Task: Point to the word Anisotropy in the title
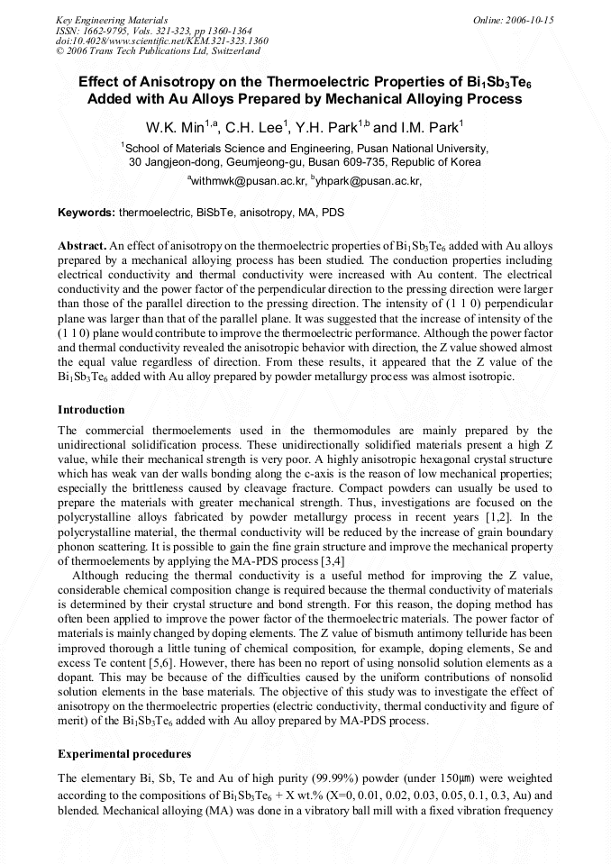coord(156,81)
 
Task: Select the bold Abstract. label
coord(81,246)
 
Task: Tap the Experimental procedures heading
coord(123,753)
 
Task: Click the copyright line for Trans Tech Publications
coord(158,51)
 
